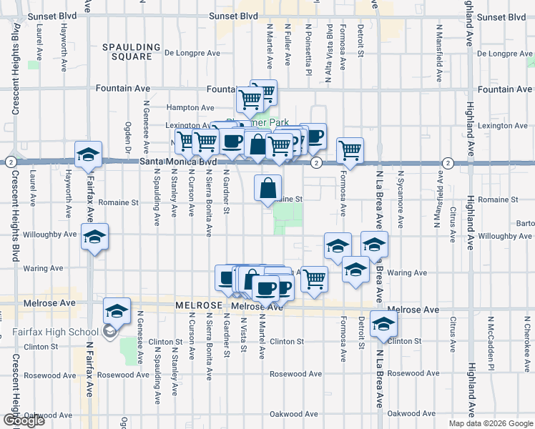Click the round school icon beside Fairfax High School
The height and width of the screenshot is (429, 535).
point(109,331)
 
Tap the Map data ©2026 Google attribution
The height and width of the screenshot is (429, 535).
point(491,423)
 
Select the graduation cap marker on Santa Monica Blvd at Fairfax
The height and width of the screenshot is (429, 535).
point(89,154)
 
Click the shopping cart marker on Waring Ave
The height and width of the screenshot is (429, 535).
point(313,279)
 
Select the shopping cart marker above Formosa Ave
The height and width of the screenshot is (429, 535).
point(350,150)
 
